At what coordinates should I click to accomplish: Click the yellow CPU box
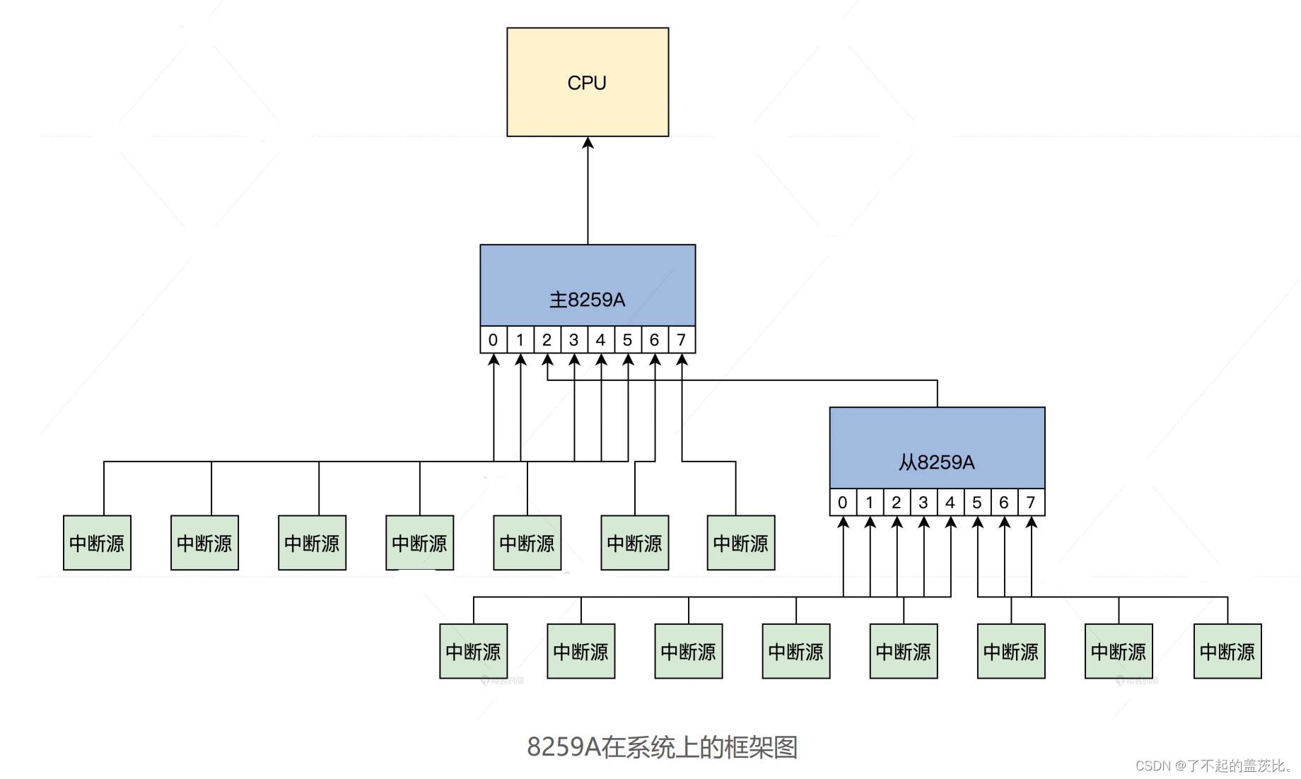(x=588, y=82)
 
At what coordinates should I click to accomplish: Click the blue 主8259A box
(x=588, y=285)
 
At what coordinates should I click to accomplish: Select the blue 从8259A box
(x=937, y=447)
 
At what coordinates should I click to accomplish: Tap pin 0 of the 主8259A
(x=493, y=340)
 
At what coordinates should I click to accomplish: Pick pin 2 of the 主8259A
(x=547, y=340)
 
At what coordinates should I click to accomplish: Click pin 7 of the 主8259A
(x=682, y=340)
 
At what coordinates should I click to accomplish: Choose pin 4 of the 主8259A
(x=600, y=340)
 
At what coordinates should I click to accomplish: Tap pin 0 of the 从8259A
(x=842, y=503)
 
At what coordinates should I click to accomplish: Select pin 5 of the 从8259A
(x=976, y=503)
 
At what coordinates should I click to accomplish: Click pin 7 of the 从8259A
(x=1031, y=503)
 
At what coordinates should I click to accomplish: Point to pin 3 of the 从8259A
(x=923, y=503)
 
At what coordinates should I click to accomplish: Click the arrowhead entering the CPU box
(x=588, y=143)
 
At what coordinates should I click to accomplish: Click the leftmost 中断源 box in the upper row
(x=97, y=543)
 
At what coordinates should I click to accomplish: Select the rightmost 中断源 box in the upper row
(x=741, y=543)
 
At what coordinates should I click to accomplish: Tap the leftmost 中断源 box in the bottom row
(x=473, y=651)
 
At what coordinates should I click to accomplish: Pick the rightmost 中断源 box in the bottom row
(x=1227, y=651)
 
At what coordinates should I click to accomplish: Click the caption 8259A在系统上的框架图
(x=663, y=747)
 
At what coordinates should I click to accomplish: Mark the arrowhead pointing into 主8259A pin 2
(x=547, y=360)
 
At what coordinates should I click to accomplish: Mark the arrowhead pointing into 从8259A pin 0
(x=843, y=522)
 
